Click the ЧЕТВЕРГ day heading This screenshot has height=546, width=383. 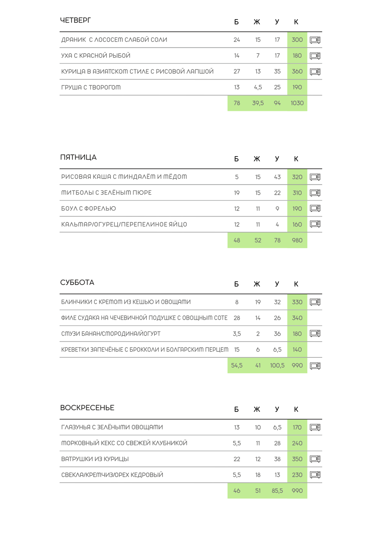click(75, 20)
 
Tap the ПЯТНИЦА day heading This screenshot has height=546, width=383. click(78, 157)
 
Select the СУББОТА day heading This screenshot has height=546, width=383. click(77, 282)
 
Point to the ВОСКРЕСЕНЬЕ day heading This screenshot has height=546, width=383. click(87, 408)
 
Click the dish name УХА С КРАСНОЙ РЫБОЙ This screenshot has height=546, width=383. click(96, 55)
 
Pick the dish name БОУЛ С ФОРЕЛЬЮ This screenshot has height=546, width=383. click(89, 209)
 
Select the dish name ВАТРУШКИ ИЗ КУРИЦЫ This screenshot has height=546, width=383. click(95, 459)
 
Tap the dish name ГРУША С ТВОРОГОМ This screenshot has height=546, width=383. click(91, 87)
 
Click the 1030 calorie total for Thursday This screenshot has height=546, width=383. click(297, 103)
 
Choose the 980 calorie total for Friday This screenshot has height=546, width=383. click(297, 240)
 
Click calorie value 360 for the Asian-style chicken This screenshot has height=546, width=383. click(297, 71)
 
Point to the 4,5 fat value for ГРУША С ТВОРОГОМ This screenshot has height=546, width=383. click(258, 87)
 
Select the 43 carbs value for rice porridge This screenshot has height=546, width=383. click(277, 177)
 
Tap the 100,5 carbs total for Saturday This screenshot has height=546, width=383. click(277, 366)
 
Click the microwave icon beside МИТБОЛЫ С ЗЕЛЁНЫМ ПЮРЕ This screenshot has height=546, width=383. click(315, 193)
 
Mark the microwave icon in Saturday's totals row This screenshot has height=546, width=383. click(315, 366)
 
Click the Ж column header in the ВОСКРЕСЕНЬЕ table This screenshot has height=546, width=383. click(257, 409)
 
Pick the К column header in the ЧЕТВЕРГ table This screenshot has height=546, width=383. click(296, 22)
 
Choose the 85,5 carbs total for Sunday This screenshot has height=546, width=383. click(277, 491)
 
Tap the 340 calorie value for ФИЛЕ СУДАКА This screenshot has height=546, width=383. click(297, 318)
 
